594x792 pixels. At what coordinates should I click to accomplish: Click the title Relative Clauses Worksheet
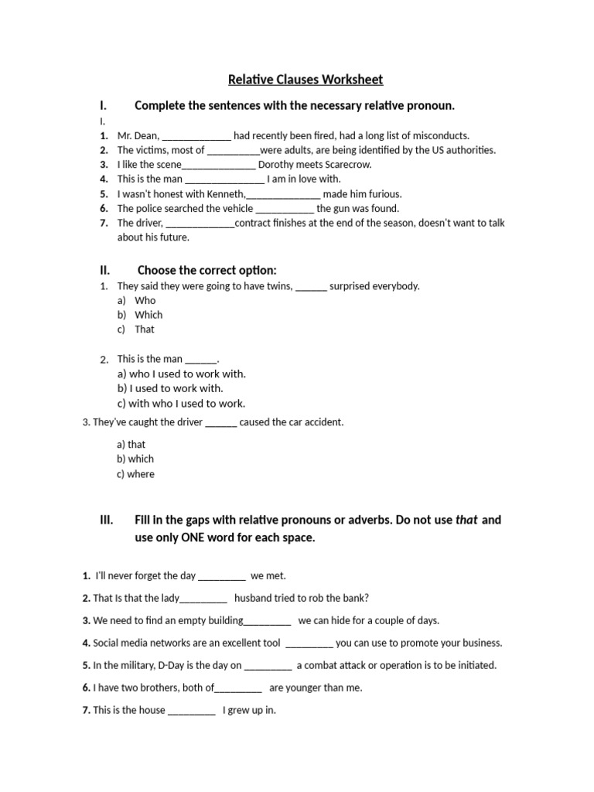point(306,80)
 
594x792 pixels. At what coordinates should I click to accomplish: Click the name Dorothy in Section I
point(276,165)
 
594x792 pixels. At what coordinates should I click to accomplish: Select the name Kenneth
point(227,194)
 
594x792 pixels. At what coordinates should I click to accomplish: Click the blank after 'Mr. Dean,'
point(196,135)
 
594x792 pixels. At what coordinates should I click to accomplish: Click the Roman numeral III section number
point(107,520)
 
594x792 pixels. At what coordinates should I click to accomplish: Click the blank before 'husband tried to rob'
point(203,599)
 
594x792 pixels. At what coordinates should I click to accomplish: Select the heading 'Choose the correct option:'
point(207,270)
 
